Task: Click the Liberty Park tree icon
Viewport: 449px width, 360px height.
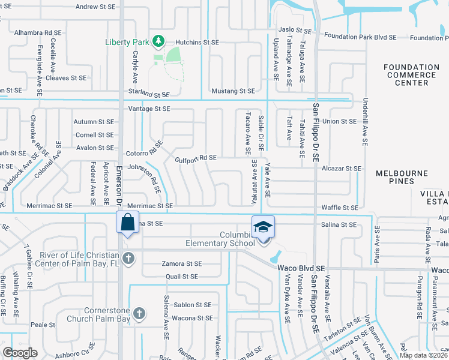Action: (158, 41)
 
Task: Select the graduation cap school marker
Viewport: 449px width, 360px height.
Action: (263, 227)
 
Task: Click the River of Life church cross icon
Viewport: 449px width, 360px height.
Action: (127, 259)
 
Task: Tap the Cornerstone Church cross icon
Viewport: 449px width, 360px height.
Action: (139, 314)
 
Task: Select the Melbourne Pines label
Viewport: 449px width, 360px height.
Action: (402, 177)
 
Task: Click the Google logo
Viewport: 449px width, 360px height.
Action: (20, 352)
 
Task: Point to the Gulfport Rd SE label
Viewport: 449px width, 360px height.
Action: (196, 158)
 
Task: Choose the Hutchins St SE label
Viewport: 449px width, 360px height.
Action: (197, 43)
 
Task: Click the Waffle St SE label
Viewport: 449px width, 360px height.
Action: (340, 207)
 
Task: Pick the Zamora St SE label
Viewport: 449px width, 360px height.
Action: (182, 264)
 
